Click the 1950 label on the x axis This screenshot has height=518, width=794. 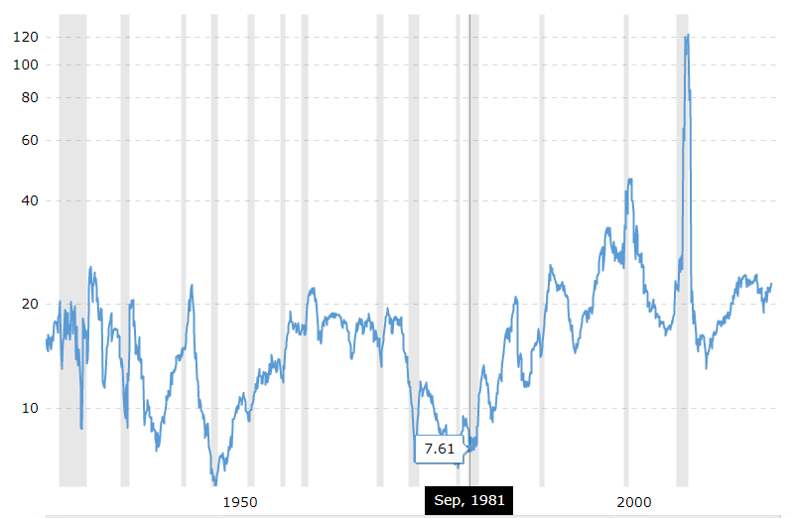pos(240,502)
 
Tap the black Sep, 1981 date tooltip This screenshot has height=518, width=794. pos(468,500)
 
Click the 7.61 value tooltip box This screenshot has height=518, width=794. pos(439,449)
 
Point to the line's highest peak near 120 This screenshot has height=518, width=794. pos(687,36)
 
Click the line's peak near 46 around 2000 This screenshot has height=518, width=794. pos(629,180)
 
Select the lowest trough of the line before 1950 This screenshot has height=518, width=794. pos(215,483)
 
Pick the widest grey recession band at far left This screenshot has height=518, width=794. pos(72,248)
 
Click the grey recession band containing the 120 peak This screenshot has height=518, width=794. pos(682,248)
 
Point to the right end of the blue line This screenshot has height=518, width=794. pos(771,284)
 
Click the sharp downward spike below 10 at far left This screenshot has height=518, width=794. pos(81,427)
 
